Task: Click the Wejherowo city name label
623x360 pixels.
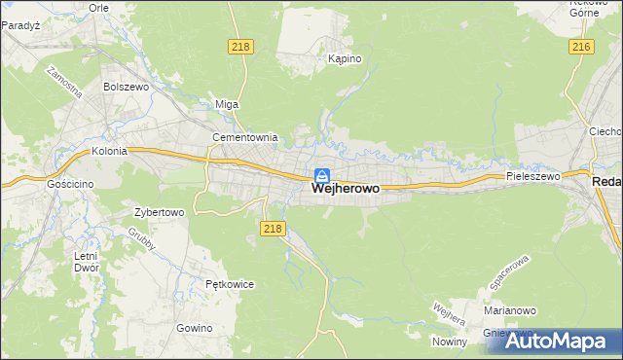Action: [345, 192]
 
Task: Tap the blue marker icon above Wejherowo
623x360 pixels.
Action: [321, 176]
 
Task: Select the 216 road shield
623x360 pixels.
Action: [582, 47]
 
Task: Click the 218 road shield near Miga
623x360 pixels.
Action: [240, 47]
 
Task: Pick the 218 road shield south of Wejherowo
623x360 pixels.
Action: [273, 229]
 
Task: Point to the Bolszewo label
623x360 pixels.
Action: [124, 87]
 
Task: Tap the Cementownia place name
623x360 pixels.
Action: [245, 138]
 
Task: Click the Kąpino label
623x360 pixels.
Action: [345, 59]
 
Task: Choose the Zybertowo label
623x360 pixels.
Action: [159, 212]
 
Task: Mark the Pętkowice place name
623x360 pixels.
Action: [230, 285]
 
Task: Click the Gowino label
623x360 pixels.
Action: [195, 328]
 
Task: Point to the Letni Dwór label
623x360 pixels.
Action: [87, 262]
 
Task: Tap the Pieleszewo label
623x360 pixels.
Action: [533, 177]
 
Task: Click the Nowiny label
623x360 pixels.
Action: [451, 342]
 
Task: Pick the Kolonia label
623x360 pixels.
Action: [110, 152]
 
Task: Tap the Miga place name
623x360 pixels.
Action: [227, 104]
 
